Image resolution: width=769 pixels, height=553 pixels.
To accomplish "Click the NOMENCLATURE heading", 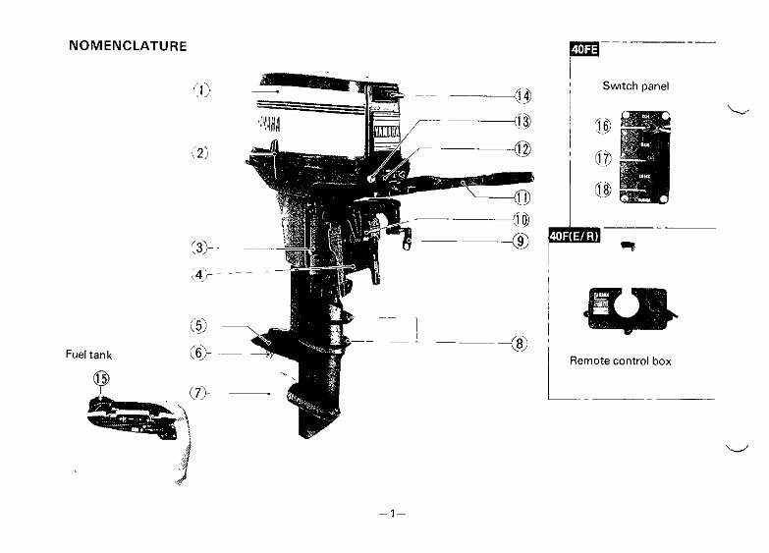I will [x=128, y=46].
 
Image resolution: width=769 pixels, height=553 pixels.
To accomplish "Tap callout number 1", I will [x=200, y=90].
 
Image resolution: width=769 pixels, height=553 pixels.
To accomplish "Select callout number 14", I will [x=522, y=95].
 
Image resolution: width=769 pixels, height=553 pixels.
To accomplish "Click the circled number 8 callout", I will [x=519, y=344].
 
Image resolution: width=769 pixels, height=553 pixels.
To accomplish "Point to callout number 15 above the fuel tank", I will [x=100, y=379].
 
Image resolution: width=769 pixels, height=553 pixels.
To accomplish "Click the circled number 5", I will [x=199, y=326].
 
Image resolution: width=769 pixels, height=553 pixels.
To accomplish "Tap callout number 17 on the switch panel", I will [x=603, y=157].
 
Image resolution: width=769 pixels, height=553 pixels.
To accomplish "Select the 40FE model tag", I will [x=584, y=50].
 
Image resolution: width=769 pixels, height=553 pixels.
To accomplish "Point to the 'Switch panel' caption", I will [x=635, y=86].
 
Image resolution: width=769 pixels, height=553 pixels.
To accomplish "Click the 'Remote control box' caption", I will [x=621, y=361].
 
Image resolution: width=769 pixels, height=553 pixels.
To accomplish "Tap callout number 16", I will [x=603, y=126].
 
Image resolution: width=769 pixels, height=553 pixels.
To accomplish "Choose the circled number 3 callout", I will [x=199, y=249].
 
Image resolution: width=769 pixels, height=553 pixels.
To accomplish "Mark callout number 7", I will [x=199, y=393].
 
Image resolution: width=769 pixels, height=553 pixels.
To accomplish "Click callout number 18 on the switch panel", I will [x=603, y=190].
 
